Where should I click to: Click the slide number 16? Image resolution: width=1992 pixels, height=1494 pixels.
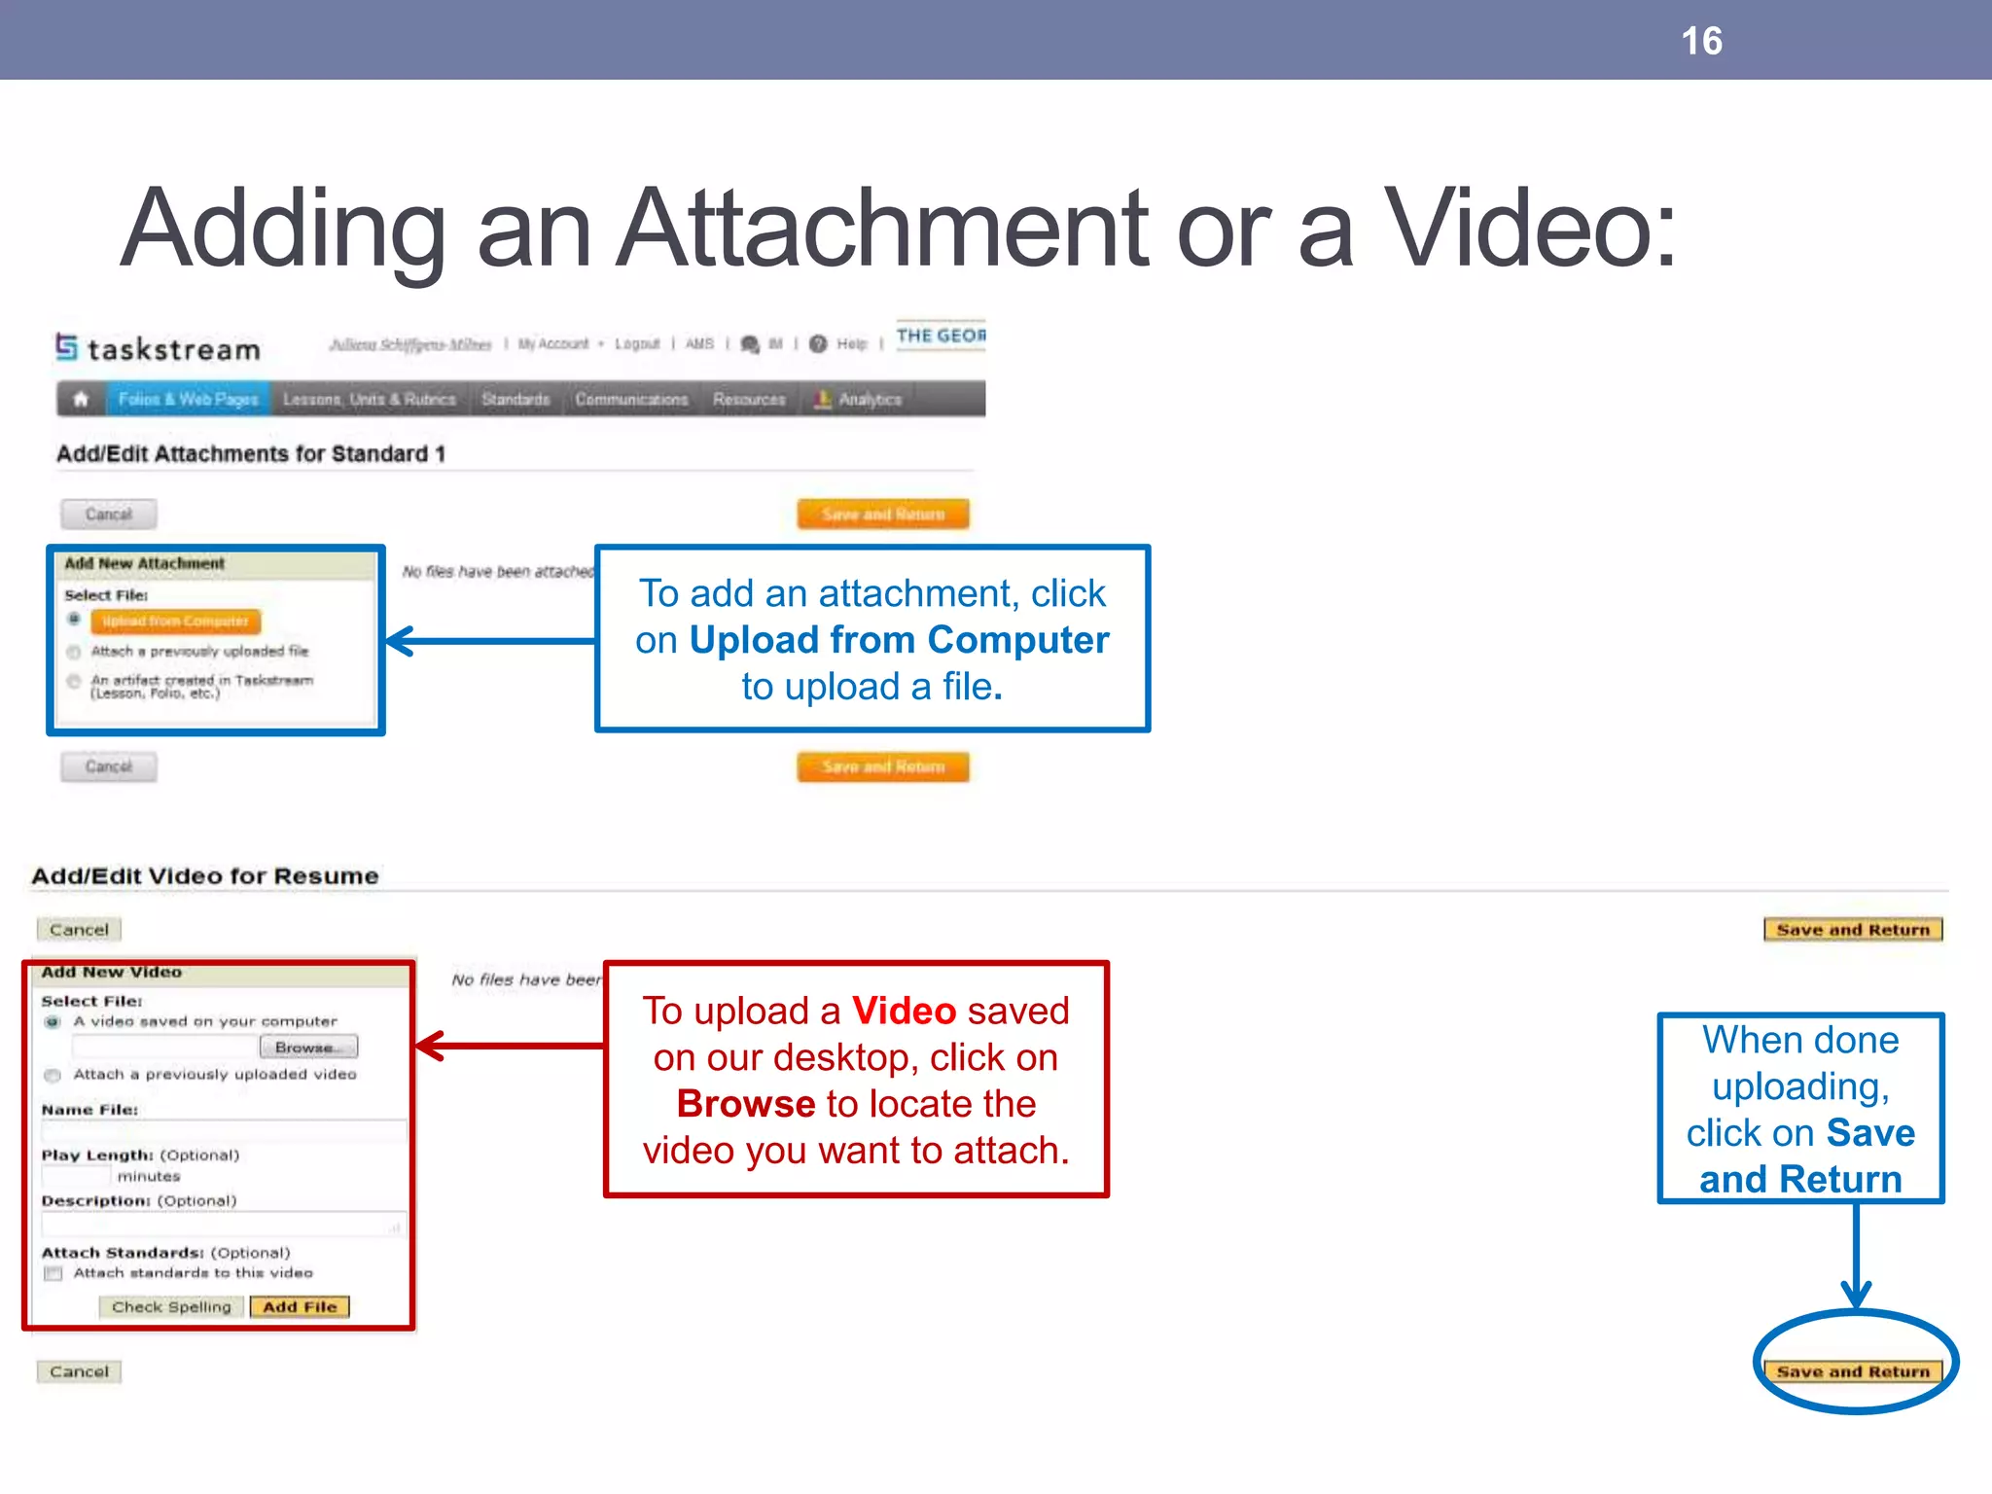coord(1701,42)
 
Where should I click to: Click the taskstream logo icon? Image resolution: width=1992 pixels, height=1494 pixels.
coord(66,346)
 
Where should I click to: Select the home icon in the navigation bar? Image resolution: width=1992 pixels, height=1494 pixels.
coord(81,399)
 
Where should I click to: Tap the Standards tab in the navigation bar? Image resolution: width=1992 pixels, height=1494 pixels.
coord(516,400)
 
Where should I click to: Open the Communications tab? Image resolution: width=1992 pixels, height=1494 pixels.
coord(631,400)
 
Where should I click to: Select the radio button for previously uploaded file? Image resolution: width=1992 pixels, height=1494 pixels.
coord(74,652)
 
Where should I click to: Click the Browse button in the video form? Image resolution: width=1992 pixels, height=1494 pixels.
coord(308,1048)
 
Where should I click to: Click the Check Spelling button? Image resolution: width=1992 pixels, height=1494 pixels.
coord(171,1307)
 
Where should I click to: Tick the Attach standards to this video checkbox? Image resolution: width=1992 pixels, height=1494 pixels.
coord(53,1273)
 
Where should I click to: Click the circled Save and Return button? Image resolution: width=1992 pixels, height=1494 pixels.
coord(1853,1371)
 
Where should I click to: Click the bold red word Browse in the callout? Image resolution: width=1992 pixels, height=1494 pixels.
coord(746,1104)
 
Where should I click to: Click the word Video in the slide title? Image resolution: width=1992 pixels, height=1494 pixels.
coord(1530,229)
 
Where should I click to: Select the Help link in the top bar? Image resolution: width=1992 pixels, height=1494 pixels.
coord(851,344)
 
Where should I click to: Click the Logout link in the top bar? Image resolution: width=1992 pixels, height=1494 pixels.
coord(637,344)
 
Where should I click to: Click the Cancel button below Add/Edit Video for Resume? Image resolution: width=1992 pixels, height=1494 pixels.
coord(79,930)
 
